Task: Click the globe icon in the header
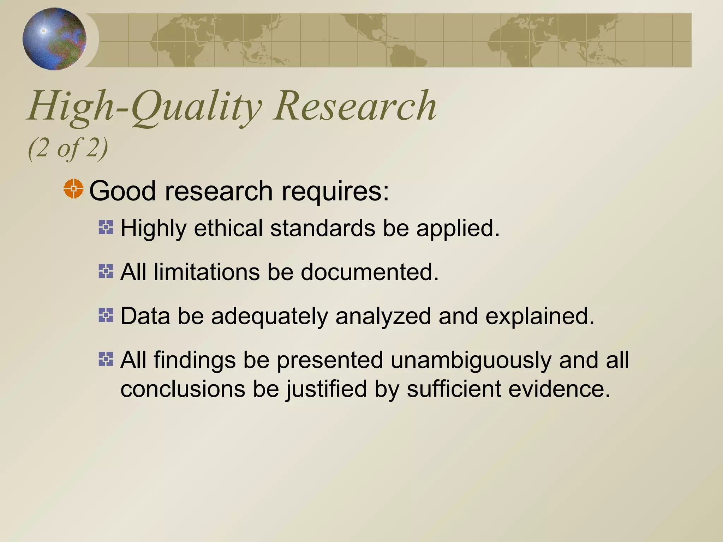click(x=54, y=39)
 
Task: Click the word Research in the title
click(x=355, y=106)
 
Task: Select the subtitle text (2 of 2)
click(x=68, y=148)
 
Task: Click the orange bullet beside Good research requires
click(x=73, y=189)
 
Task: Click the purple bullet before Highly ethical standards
click(x=106, y=227)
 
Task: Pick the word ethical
click(x=228, y=228)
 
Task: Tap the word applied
click(x=458, y=229)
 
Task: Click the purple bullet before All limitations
click(x=106, y=271)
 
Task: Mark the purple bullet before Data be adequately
click(x=106, y=315)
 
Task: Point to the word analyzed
click(x=383, y=316)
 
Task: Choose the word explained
click(x=540, y=316)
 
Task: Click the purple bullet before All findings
click(x=106, y=359)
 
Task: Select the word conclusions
click(x=183, y=389)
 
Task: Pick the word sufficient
click(x=454, y=389)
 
